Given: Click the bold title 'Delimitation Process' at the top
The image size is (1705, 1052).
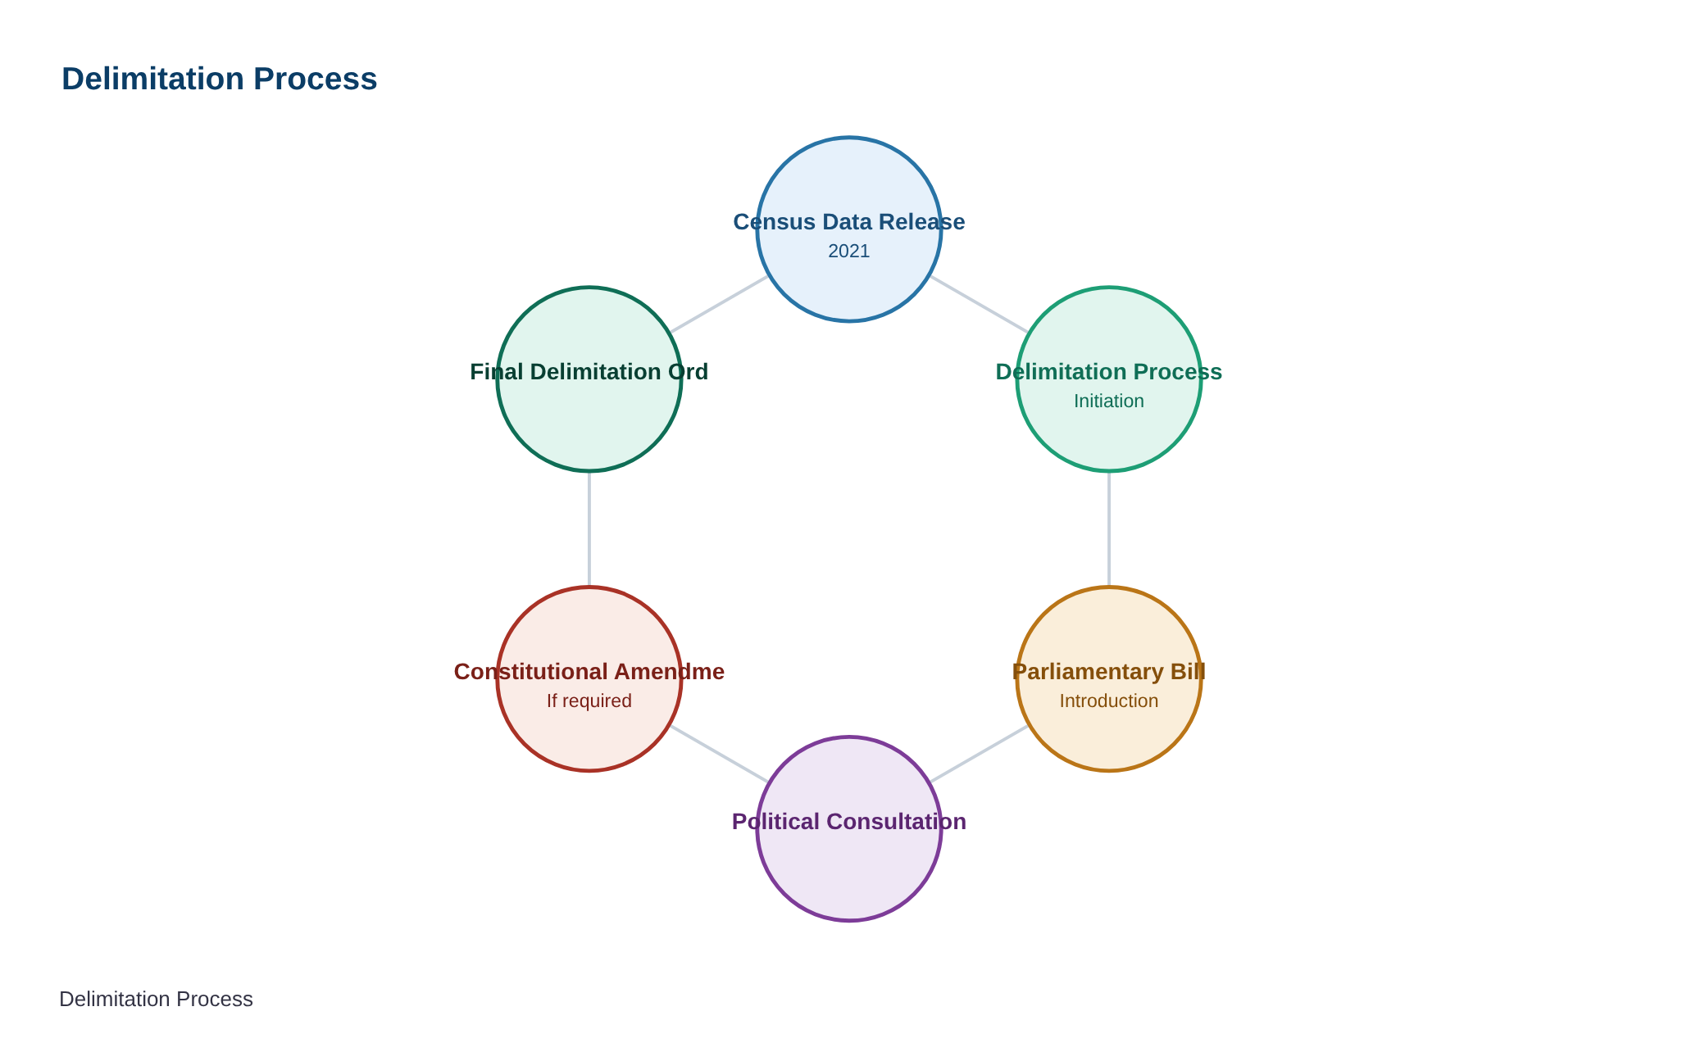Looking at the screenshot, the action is click(219, 79).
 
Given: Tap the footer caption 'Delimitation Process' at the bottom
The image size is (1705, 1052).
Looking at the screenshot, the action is click(156, 1000).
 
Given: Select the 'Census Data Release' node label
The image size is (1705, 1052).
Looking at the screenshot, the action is click(849, 222).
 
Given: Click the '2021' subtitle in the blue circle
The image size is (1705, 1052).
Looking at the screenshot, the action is click(849, 251).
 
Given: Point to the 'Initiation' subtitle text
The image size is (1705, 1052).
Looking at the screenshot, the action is click(1109, 401).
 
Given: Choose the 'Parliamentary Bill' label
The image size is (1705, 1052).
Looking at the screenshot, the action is click(1109, 672).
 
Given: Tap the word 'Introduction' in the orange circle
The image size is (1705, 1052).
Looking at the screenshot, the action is click(1109, 701).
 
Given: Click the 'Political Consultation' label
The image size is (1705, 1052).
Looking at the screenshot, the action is click(849, 822).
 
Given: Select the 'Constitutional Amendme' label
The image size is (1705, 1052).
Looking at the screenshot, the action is click(589, 672).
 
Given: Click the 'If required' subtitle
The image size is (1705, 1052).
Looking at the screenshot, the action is click(589, 701).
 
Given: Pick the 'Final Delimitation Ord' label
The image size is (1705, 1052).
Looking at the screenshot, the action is click(589, 372).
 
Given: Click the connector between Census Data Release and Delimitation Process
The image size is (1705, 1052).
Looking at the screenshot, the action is click(979, 304).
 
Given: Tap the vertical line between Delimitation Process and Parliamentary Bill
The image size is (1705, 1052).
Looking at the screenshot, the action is click(1109, 529).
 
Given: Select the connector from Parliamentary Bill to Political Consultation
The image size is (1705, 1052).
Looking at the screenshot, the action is click(979, 754).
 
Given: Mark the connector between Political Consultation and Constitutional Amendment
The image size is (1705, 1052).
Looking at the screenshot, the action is click(720, 754).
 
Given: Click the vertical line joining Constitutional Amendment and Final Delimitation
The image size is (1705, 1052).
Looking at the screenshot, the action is click(589, 529).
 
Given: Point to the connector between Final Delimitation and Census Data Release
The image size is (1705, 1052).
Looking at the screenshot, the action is click(720, 304).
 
